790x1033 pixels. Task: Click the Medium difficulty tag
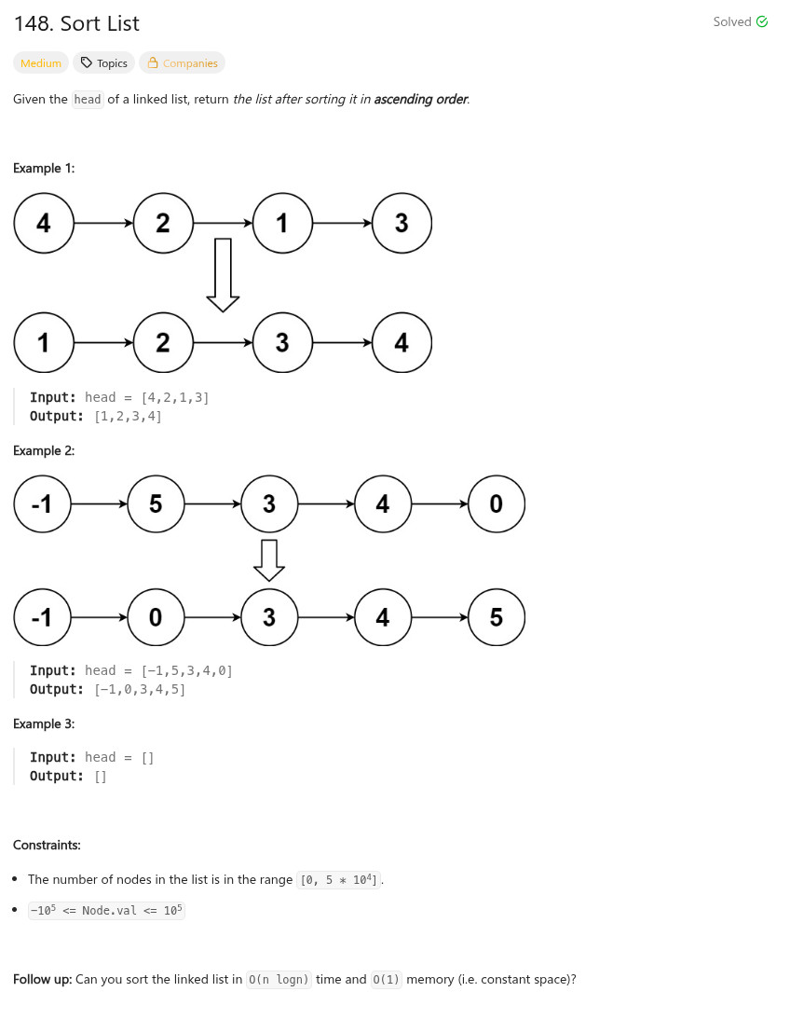coord(41,63)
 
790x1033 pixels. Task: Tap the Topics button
coord(103,63)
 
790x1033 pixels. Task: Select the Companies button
coord(182,63)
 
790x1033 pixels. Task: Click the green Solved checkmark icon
coord(762,21)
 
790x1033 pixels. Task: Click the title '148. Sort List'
coord(76,23)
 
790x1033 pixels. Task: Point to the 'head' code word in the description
coord(88,100)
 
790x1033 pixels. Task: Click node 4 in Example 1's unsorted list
coord(44,223)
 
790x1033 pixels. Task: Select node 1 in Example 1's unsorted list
coord(282,223)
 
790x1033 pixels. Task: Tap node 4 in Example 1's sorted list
coord(402,343)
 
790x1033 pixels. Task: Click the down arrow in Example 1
coord(223,276)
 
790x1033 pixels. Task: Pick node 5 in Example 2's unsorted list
coord(156,504)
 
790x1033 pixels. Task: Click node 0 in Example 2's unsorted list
coord(496,504)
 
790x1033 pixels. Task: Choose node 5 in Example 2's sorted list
coord(496,617)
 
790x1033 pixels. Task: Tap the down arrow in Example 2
coord(268,559)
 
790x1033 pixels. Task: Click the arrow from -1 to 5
coord(99,504)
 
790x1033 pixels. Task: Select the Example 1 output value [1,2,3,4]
coord(129,417)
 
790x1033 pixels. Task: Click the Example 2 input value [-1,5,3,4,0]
coord(186,670)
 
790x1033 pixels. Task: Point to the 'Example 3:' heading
coord(44,723)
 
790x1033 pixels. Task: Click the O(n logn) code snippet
coord(279,980)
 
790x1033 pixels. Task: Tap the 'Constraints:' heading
coord(47,845)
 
